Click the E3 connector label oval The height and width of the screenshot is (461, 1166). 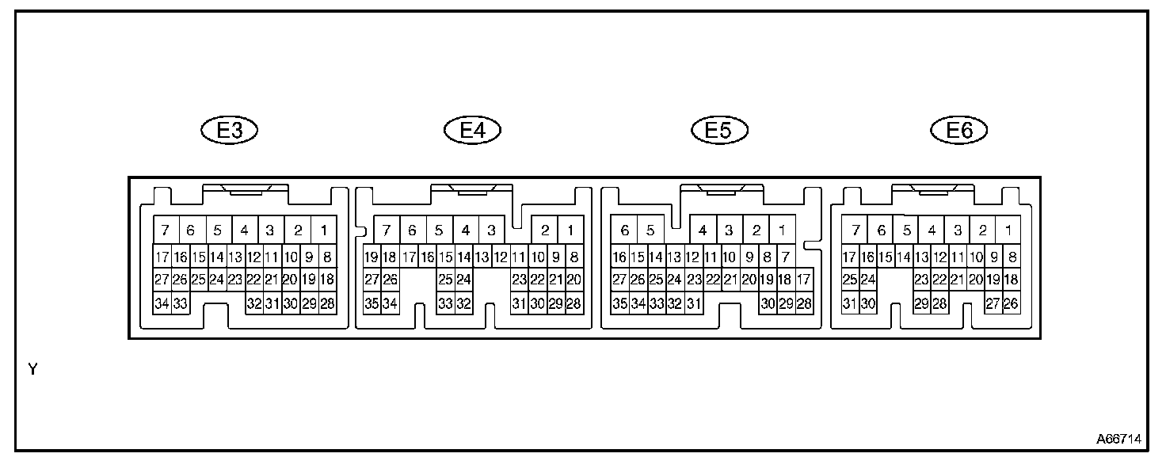click(230, 131)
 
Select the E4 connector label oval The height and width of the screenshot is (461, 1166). click(473, 131)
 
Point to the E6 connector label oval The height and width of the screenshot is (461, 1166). click(960, 131)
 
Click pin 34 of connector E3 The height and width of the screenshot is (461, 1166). click(162, 303)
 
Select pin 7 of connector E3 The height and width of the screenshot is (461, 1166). click(165, 231)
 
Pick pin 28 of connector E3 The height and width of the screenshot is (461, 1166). click(327, 303)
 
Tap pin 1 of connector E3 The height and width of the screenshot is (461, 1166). click(324, 231)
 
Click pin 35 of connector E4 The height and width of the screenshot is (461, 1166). click(372, 303)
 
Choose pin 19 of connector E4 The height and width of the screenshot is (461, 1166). click(372, 257)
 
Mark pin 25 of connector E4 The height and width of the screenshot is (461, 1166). click(445, 280)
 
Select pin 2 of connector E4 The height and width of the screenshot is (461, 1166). click(545, 231)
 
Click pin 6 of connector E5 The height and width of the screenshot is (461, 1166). click(624, 231)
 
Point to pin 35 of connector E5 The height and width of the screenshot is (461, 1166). click(619, 303)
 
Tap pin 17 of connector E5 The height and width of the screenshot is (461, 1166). click(804, 280)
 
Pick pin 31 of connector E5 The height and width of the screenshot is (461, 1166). click(693, 303)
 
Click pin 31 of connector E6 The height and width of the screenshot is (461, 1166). click(850, 303)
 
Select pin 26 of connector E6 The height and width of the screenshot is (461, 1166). click(1011, 303)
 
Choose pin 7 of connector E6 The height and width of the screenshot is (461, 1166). click(855, 231)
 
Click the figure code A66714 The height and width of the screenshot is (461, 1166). click(1118, 438)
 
